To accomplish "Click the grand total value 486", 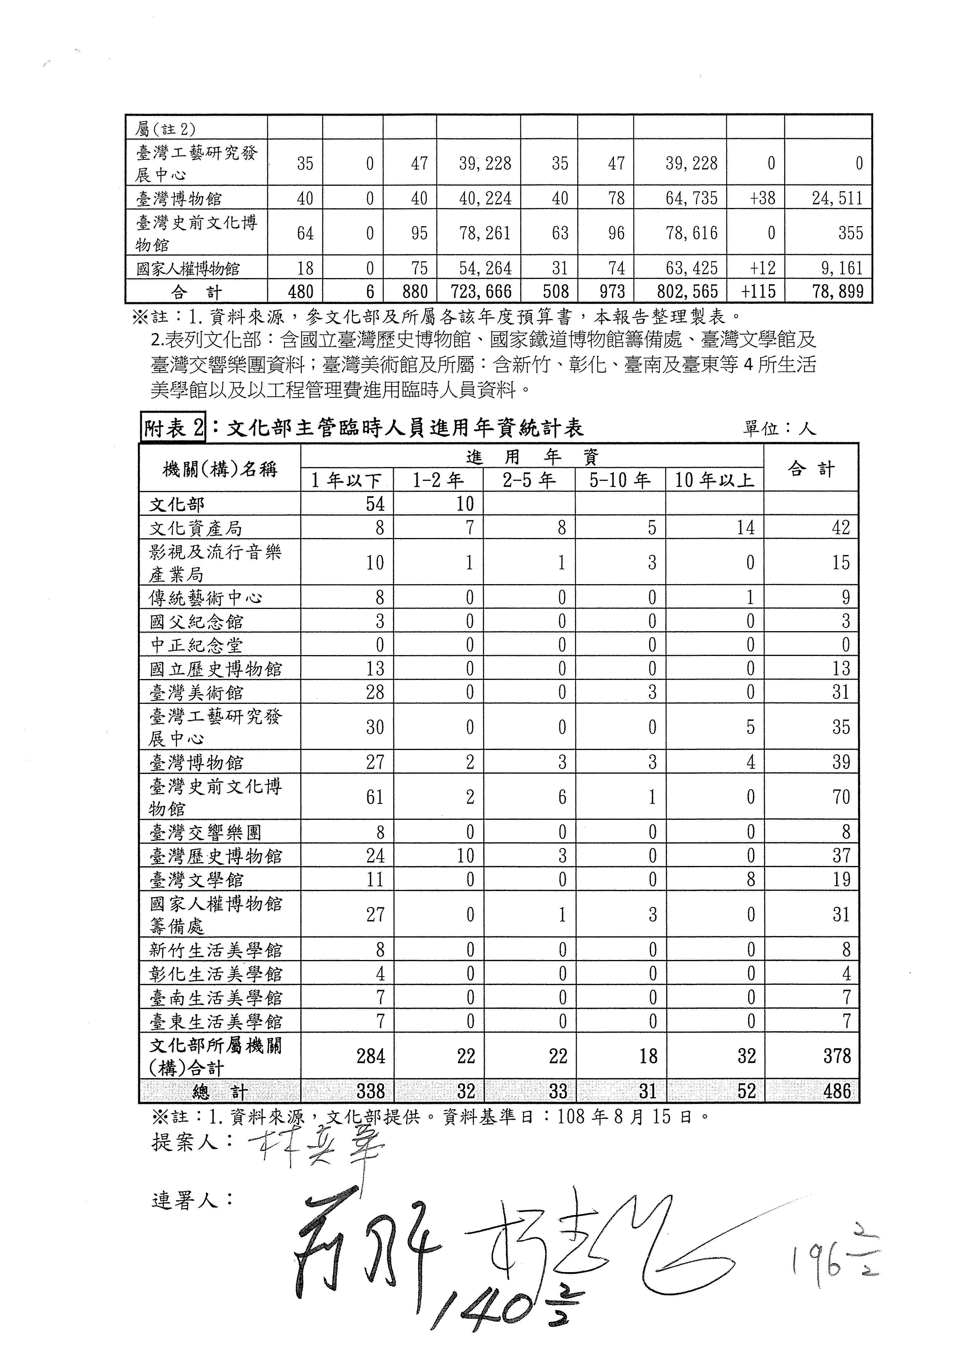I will pyautogui.click(x=837, y=1091).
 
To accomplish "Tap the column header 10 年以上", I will pyautogui.click(x=714, y=480).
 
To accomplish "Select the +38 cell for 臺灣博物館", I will pyautogui.click(x=763, y=198).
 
